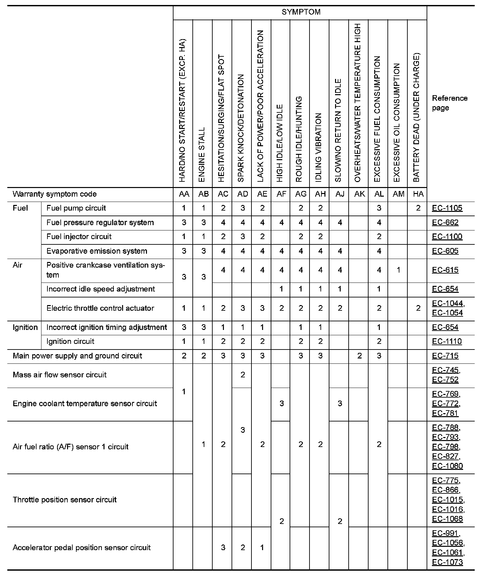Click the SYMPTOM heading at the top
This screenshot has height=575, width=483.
tap(301, 12)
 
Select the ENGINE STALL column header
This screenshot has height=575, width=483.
tap(202, 155)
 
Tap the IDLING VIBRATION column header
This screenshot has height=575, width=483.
tap(319, 148)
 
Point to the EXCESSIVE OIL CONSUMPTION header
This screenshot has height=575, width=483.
tap(397, 123)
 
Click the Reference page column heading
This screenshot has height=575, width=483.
tap(449, 103)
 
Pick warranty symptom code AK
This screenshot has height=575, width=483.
tap(359, 194)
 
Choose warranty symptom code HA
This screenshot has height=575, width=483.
tap(418, 194)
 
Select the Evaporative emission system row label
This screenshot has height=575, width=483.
tap(97, 251)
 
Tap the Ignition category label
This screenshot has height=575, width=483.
tap(25, 327)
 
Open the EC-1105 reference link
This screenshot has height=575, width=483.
tap(447, 208)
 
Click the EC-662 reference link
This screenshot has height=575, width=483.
tap(445, 223)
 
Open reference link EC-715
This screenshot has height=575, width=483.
tap(445, 356)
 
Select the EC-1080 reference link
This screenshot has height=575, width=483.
tap(447, 466)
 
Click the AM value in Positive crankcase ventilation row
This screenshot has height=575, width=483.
tap(398, 270)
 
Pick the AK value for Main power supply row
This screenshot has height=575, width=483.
tap(359, 356)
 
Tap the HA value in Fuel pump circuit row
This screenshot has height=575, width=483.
tap(418, 208)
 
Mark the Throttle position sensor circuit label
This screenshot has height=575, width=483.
tap(64, 500)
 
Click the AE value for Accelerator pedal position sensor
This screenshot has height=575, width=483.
tap(262, 547)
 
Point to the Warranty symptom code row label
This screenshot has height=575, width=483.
tap(54, 194)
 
